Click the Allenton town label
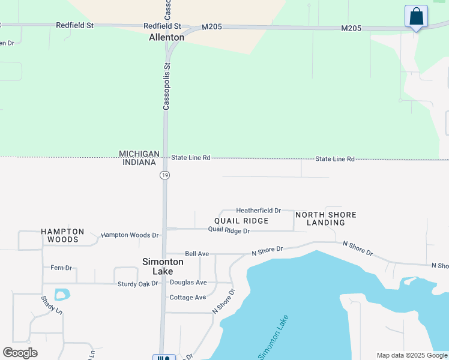pos(166,37)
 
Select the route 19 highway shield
pos(164,175)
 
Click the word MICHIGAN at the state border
pos(139,154)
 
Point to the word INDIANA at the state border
pos(139,163)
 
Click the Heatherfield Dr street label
pos(258,211)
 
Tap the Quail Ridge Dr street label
pos(229,230)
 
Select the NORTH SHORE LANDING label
pos(325,218)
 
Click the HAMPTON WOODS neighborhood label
pos(62,235)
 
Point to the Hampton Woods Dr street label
pos(130,235)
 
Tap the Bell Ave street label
pos(196,254)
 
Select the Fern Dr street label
pos(61,268)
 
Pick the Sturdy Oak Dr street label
pos(137,283)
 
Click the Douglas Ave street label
pos(188,282)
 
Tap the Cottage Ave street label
pos(187,297)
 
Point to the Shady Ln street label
pos(52,305)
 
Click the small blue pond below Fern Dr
pos(62,295)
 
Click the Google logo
pos(20,353)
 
